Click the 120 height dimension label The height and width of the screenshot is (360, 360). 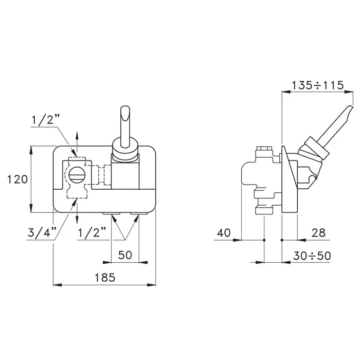click(17, 179)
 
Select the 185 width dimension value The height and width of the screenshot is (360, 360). click(105, 277)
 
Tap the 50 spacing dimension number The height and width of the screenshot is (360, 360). click(125, 255)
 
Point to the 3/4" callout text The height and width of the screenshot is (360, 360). click(42, 232)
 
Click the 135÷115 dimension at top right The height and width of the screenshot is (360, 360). click(317, 85)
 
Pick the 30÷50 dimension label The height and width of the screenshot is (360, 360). click(312, 256)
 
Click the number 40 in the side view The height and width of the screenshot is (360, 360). click(224, 232)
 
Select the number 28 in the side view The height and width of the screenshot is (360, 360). click(318, 232)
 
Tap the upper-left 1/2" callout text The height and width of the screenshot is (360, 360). click(45, 119)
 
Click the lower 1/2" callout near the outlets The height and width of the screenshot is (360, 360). click(92, 232)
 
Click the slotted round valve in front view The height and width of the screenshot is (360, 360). click(77, 175)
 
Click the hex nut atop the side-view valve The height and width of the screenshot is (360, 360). click(264, 148)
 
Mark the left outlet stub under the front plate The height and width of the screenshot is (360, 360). click(112, 213)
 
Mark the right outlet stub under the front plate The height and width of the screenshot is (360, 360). click(139, 213)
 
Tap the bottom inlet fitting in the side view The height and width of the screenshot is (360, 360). click(264, 210)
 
